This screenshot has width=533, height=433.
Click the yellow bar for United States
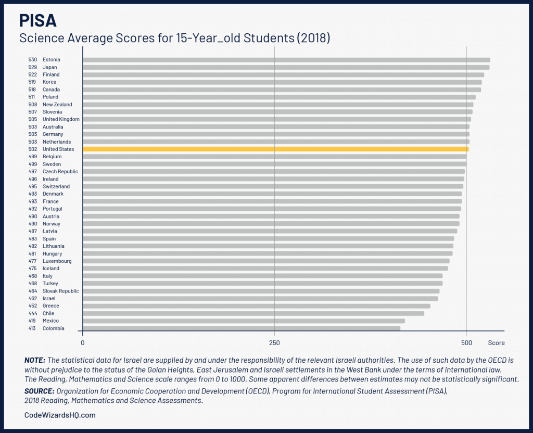tap(276, 149)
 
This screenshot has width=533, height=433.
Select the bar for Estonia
tap(286, 60)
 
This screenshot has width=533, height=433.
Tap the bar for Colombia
tap(242, 328)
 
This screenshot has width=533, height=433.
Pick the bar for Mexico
tap(244, 321)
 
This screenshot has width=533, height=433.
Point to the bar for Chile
tap(253, 313)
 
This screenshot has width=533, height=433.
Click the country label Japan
tap(50, 67)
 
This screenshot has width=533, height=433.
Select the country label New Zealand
tap(57, 105)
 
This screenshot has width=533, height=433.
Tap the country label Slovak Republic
tap(60, 291)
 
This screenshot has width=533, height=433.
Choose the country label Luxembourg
tap(57, 261)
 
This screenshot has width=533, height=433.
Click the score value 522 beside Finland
tap(32, 74)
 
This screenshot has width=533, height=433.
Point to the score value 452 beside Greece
tap(32, 306)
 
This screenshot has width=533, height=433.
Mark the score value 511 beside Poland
tap(32, 97)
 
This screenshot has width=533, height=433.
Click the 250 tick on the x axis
tap(274, 343)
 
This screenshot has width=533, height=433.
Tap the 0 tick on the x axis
tap(83, 343)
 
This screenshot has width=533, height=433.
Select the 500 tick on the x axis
tap(466, 343)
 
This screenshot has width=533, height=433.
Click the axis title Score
tap(496, 343)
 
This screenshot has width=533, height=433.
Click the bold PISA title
tap(38, 21)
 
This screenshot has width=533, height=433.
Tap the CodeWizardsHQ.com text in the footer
tap(60, 415)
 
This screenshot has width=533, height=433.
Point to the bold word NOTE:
tap(35, 360)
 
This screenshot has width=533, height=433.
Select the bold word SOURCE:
tap(39, 391)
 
